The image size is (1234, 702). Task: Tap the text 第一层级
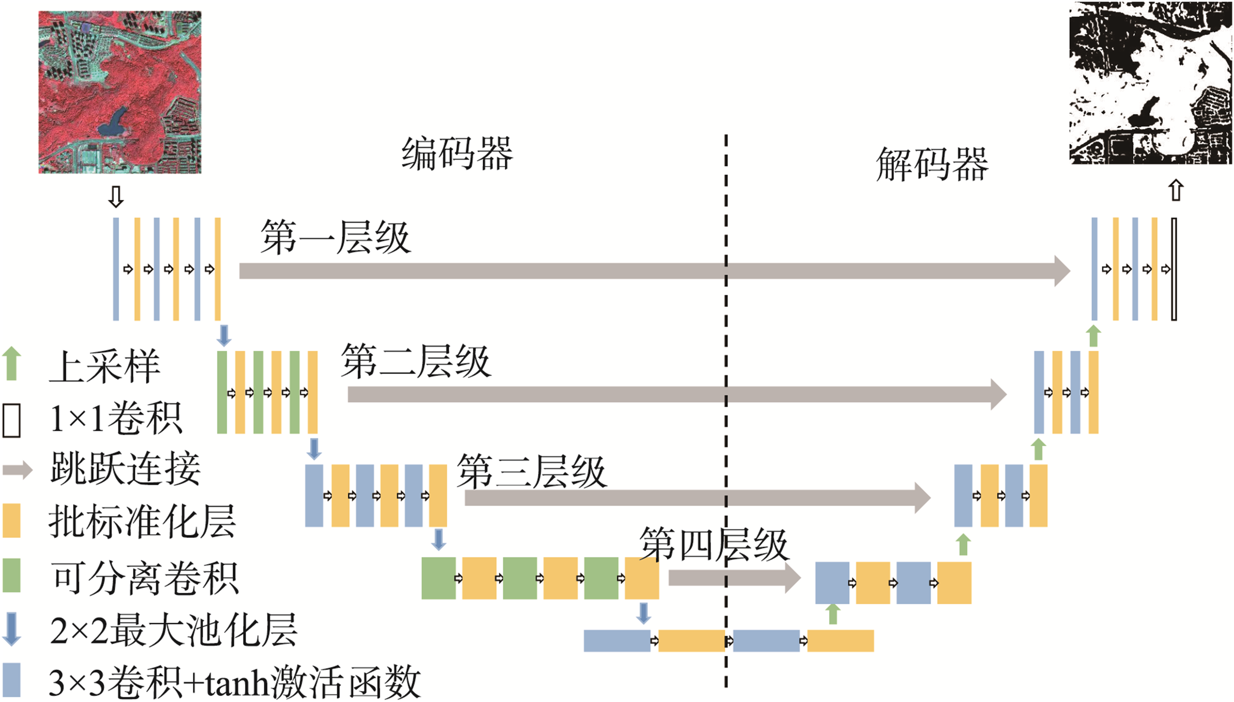pos(335,237)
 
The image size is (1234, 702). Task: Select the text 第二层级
pos(416,361)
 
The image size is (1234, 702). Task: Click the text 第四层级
pos(714,544)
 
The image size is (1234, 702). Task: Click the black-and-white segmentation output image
pos(1151,83)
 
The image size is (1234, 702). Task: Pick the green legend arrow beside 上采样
pos(12,364)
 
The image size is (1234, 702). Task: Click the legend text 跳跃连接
pos(125,469)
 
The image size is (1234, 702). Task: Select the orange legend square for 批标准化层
pos(12,521)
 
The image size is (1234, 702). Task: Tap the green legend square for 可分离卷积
pos(12,575)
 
